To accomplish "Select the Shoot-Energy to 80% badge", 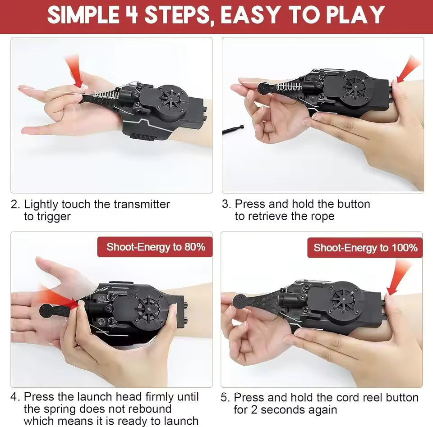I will point(155,247).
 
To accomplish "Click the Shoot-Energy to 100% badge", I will point(365,248).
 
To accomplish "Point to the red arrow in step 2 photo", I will point(75,72).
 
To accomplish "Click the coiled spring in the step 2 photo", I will point(105,95).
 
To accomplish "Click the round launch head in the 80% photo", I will point(46,310).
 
